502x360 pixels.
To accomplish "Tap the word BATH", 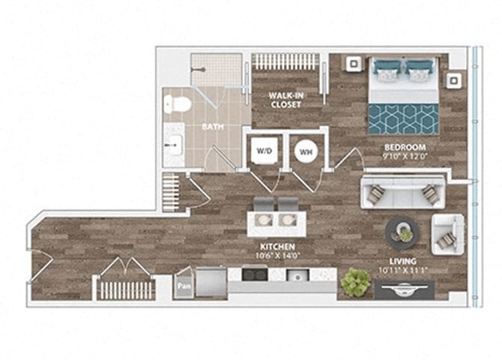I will click(212, 127).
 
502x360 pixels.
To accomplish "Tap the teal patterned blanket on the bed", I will click(404, 118).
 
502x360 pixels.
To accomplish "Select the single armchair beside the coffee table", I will click(447, 234).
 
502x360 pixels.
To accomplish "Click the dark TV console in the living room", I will click(405, 289).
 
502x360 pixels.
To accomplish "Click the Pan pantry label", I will click(183, 286).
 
